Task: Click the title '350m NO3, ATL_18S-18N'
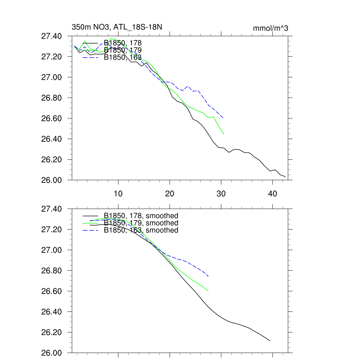coord(117,27)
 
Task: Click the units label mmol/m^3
coord(270,28)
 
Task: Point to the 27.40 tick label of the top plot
coord(52,36)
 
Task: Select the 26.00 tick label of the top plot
coord(52,180)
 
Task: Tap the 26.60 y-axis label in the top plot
coord(52,118)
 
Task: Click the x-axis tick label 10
coord(118,193)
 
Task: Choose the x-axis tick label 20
coord(170,193)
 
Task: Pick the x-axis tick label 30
coord(221,193)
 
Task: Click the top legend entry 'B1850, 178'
coord(123,43)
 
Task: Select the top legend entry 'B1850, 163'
coord(123,58)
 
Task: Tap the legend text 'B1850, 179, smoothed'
coord(141,223)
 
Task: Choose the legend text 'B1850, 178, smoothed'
coord(141,216)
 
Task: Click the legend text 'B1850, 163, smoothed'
coord(141,230)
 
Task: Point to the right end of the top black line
coord(285,176)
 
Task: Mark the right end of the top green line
coord(224,134)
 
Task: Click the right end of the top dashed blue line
coord(224,118)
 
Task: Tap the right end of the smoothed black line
coord(270,341)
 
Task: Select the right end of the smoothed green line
coord(208,291)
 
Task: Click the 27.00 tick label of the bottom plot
coord(52,250)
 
